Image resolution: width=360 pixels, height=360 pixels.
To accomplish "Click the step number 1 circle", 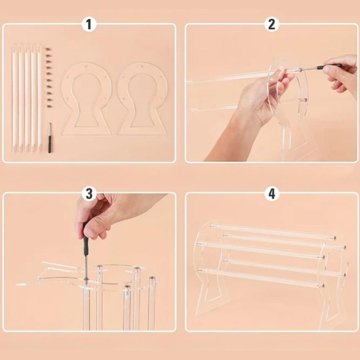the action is [89, 24].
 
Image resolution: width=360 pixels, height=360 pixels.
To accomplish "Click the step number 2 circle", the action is [271, 24].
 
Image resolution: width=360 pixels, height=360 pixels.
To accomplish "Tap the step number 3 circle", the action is [89, 193].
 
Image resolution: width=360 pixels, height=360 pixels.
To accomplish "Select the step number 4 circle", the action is [271, 193].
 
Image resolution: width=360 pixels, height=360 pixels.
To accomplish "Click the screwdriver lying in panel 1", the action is [50, 138].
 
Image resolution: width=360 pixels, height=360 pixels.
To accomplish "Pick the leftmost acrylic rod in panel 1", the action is [14, 99].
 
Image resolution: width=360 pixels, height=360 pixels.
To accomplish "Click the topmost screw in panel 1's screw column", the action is [48, 49].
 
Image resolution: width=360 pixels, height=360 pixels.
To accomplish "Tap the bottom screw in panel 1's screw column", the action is [49, 107].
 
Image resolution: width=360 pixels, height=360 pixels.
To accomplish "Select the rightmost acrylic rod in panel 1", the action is [39, 99].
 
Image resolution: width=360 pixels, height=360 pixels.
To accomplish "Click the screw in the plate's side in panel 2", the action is [305, 100].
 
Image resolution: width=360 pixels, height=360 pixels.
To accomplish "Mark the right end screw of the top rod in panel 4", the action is [335, 238].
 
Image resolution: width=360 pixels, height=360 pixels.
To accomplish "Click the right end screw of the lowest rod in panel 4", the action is [323, 286].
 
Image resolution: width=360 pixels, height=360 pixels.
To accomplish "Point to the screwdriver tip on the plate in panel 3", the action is [86, 279].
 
